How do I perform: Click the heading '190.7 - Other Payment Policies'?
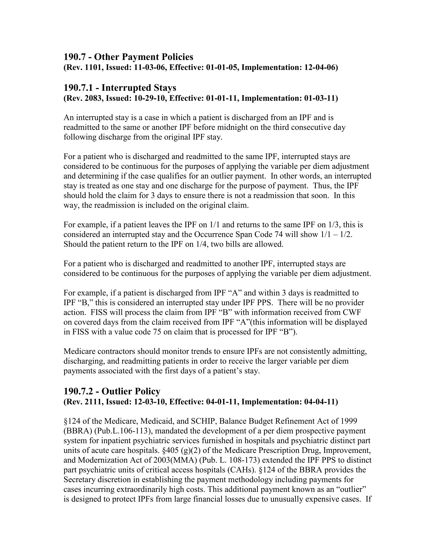(128, 57)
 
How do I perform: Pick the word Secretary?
(80, 479)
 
